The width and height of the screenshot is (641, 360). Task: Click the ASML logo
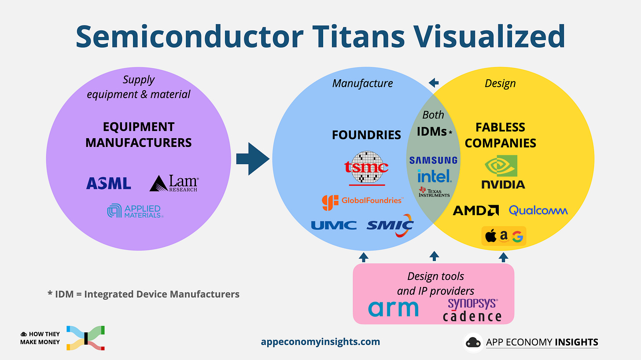(x=108, y=183)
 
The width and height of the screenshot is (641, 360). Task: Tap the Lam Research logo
(x=174, y=184)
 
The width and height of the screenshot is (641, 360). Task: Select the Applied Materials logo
(x=135, y=211)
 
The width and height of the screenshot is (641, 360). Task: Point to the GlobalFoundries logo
(x=362, y=201)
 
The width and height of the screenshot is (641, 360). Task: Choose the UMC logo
(x=334, y=225)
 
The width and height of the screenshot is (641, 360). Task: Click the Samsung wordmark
(x=433, y=161)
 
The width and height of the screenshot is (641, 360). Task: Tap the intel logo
(x=434, y=176)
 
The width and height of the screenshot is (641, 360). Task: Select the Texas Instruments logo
(x=434, y=192)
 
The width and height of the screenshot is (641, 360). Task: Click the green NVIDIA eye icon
(x=501, y=166)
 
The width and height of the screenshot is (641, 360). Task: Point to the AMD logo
(x=475, y=211)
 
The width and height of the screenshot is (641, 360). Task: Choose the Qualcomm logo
(x=538, y=211)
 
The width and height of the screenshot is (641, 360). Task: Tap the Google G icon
(x=517, y=237)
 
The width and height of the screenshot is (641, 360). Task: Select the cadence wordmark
(x=472, y=316)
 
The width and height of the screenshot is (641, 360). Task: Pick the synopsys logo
(x=472, y=303)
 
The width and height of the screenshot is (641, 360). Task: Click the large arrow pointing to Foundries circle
(x=252, y=159)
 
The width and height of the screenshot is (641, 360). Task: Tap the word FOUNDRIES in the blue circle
(x=366, y=135)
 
